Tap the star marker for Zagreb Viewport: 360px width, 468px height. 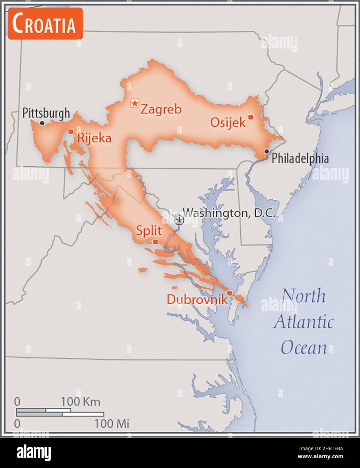click(x=135, y=103)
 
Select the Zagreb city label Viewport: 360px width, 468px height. click(x=161, y=109)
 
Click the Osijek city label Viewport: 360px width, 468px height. click(x=228, y=122)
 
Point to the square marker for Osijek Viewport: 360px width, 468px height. click(x=250, y=117)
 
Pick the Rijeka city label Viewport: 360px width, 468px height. click(x=94, y=138)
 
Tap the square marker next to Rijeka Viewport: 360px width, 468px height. click(x=71, y=131)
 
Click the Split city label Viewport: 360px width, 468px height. click(x=149, y=231)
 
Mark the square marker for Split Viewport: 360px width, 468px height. click(x=155, y=242)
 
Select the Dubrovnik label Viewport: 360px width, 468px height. click(x=197, y=299)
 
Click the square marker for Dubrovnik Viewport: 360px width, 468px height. click(x=229, y=293)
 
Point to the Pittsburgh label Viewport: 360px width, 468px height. click(x=46, y=113)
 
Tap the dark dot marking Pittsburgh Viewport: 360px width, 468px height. click(x=42, y=123)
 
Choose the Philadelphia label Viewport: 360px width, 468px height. click(x=300, y=158)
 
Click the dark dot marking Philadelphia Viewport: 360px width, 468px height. click(x=266, y=151)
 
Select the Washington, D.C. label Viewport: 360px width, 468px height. click(x=229, y=213)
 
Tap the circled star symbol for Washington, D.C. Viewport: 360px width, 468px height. click(x=179, y=220)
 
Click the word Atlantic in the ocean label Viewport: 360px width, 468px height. click(x=303, y=322)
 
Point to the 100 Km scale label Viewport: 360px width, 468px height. click(x=80, y=402)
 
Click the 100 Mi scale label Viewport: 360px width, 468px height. click(x=112, y=424)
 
